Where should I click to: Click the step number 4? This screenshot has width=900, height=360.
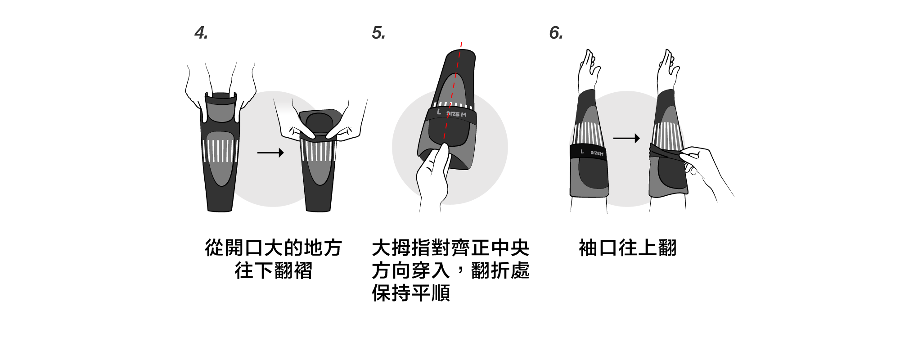(x=201, y=33)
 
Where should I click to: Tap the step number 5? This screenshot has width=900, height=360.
(x=378, y=33)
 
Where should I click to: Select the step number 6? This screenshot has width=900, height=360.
(x=556, y=33)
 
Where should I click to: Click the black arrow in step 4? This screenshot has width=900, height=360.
(x=270, y=153)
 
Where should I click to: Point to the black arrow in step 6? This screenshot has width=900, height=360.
(x=626, y=138)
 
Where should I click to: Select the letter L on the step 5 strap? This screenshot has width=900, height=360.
(x=439, y=112)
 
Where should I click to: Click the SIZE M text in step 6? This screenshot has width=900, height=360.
(x=597, y=153)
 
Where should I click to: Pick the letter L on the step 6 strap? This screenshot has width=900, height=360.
(x=582, y=152)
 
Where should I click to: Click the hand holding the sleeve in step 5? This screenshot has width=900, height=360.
(x=433, y=175)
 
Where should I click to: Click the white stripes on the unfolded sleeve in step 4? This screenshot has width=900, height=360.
(x=220, y=151)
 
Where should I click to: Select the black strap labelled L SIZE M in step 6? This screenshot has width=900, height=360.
(x=589, y=153)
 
